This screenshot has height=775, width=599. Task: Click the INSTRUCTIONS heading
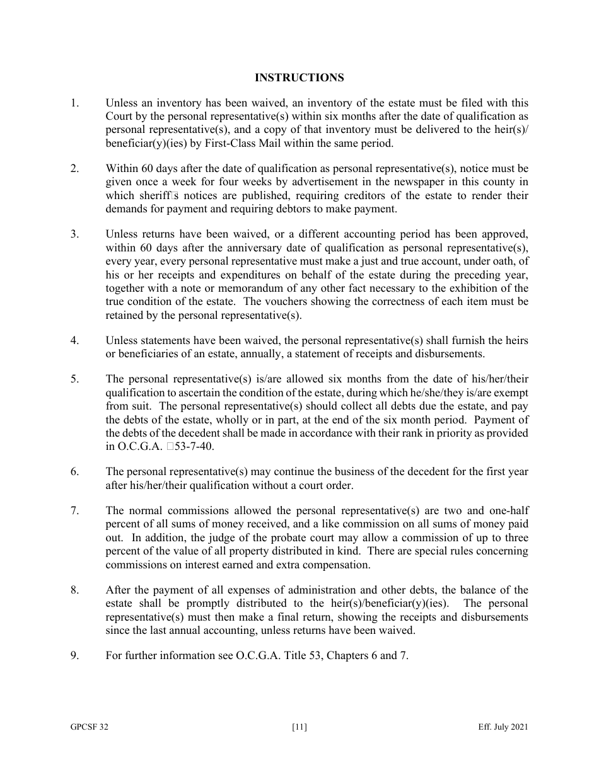(299, 77)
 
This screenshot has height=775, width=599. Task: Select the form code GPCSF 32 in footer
(89, 727)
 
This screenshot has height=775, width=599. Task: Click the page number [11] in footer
(299, 727)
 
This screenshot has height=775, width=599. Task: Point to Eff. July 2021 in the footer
(503, 727)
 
